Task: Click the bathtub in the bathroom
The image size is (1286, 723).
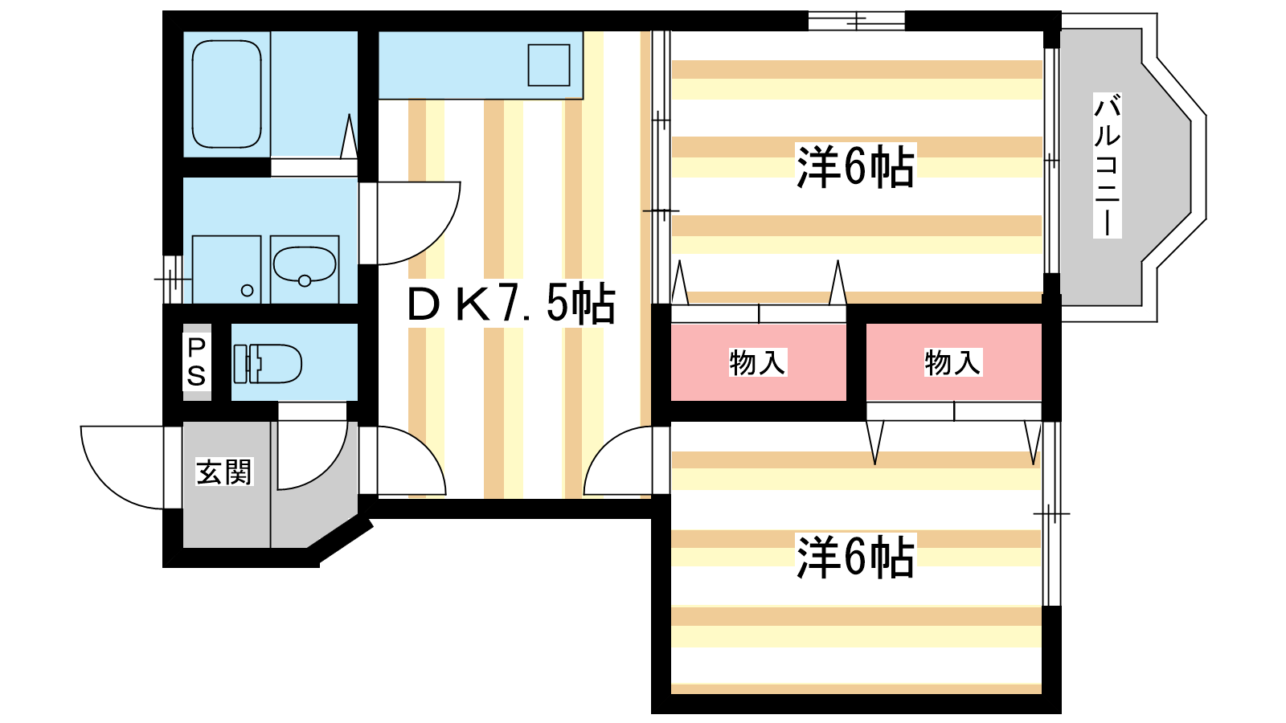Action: (227, 95)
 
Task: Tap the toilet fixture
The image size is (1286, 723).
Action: (268, 363)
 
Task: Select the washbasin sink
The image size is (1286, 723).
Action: (305, 264)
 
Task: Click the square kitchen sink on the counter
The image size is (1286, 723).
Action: (549, 64)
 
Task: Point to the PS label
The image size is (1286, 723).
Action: (196, 361)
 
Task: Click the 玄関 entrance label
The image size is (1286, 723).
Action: (224, 472)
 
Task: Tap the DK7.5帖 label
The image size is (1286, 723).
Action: (511, 304)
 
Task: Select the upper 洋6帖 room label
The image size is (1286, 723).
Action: (855, 167)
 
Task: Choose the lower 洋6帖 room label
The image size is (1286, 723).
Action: (855, 557)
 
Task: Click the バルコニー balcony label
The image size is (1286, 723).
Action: (1107, 165)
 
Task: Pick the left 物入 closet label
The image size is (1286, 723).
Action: (756, 362)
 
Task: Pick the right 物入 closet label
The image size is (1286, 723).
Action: (952, 362)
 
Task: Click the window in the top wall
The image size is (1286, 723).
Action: (857, 20)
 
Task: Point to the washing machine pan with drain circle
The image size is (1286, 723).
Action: (227, 270)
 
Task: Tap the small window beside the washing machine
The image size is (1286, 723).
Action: (172, 279)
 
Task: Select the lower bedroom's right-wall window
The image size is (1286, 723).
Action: (1051, 514)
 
